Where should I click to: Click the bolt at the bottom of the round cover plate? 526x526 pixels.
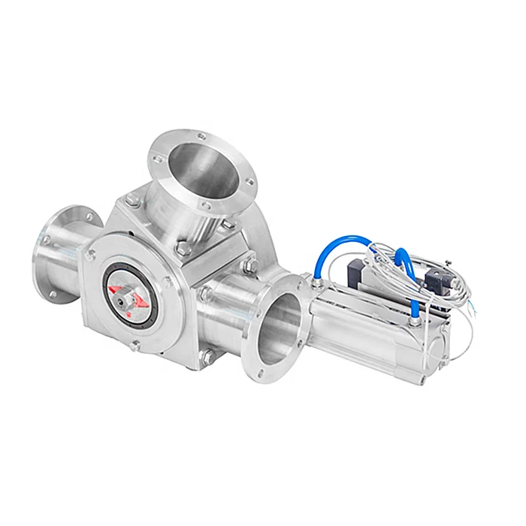tap(135, 346)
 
